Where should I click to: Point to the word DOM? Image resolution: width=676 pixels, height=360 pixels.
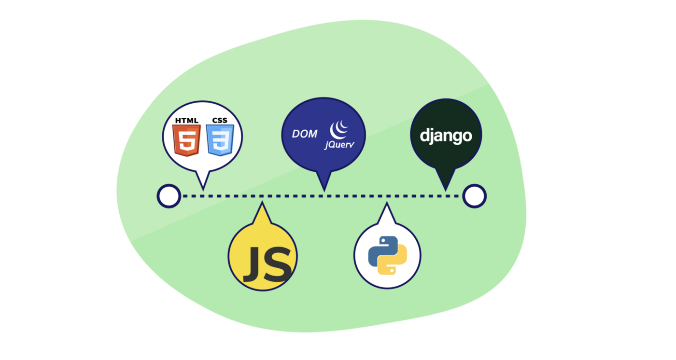[x=305, y=134]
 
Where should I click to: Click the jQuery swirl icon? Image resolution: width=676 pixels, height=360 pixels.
[x=339, y=129]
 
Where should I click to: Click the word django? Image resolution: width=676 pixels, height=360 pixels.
[x=446, y=136]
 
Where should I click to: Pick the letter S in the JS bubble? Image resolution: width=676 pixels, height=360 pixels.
[x=280, y=264]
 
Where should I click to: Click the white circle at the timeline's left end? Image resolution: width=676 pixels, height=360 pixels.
[x=169, y=196]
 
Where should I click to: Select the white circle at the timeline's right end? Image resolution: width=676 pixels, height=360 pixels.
[x=474, y=196]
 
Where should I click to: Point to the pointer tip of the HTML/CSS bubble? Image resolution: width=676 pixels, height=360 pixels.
[x=203, y=188]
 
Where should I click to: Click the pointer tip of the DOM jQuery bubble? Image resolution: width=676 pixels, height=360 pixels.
[x=324, y=189]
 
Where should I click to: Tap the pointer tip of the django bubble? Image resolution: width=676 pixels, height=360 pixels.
[x=446, y=189]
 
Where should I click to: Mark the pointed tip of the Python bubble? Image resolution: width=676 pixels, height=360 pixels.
[x=386, y=204]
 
